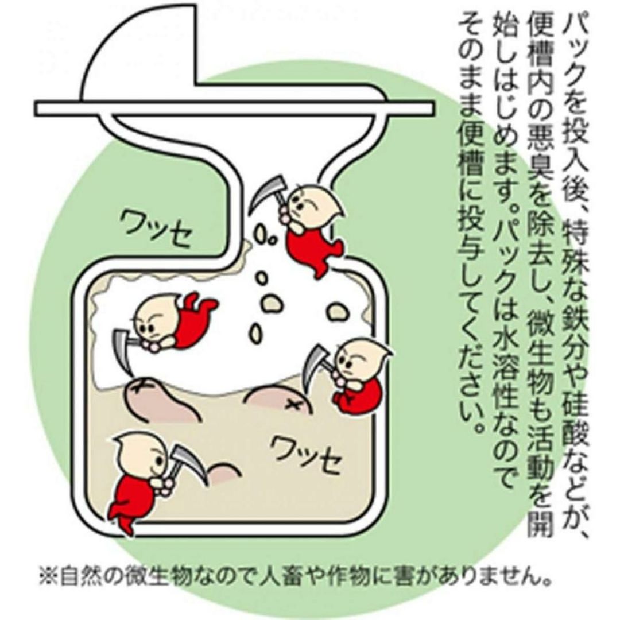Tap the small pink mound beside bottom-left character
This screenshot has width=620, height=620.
223,472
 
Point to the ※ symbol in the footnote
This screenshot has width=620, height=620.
49,578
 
